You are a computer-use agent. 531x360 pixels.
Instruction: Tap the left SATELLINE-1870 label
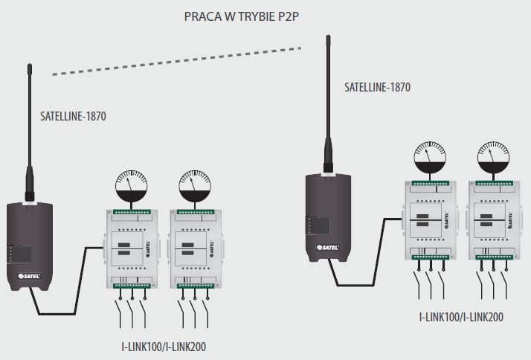[73, 117]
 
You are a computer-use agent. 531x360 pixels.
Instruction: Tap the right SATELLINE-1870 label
[377, 87]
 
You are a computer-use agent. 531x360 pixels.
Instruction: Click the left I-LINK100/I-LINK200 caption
[164, 346]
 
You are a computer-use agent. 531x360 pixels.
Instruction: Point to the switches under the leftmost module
[132, 306]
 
